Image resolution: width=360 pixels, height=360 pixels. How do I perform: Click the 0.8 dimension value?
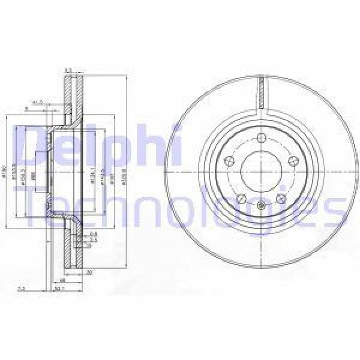[93, 233]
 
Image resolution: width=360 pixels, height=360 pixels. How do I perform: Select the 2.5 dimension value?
[94, 239]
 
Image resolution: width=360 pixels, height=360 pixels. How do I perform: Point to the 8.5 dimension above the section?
[67, 70]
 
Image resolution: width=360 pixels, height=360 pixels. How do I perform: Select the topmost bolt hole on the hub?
[262, 139]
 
